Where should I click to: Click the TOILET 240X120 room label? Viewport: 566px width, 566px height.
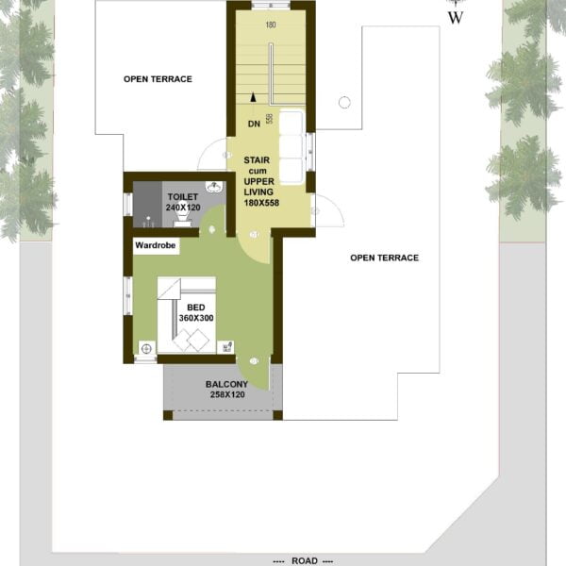tap(183, 202)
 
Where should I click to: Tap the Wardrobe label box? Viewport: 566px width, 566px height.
tap(156, 246)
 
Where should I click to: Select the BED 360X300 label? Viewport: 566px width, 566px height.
tap(196, 312)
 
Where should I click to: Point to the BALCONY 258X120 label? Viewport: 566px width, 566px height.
tap(227, 390)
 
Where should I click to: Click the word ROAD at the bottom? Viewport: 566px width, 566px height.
tap(305, 560)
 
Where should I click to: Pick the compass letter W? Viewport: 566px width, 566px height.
tap(456, 18)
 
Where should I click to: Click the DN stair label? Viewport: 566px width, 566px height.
tap(254, 124)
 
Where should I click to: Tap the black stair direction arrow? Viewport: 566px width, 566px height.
tap(254, 97)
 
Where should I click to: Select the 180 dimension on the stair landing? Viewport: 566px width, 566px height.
tap(271, 25)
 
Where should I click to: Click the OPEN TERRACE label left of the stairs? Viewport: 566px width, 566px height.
tap(158, 79)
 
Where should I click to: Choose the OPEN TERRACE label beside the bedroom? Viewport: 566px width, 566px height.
tap(385, 258)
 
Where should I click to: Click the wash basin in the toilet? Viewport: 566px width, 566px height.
tap(214, 187)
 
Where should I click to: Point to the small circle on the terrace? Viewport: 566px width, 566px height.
tap(344, 103)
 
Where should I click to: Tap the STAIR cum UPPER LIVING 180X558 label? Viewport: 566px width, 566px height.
tap(261, 181)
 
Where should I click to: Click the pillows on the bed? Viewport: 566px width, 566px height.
tap(191, 340)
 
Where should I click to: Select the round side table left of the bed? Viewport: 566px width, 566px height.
tap(146, 349)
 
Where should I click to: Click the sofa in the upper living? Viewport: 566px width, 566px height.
tap(291, 147)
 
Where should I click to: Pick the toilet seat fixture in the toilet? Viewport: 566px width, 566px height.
tap(183, 219)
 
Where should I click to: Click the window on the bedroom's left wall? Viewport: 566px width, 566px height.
tap(127, 296)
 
